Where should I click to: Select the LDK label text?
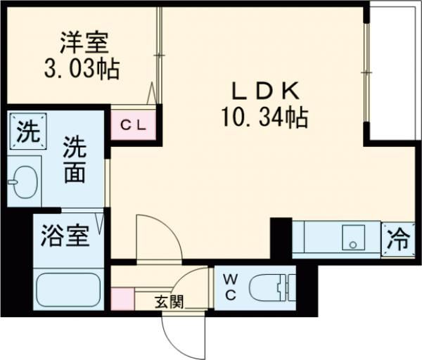click(267, 91)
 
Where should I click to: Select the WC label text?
click(230, 287)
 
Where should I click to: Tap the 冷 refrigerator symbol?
click(398, 239)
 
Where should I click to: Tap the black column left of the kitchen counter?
click(281, 239)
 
